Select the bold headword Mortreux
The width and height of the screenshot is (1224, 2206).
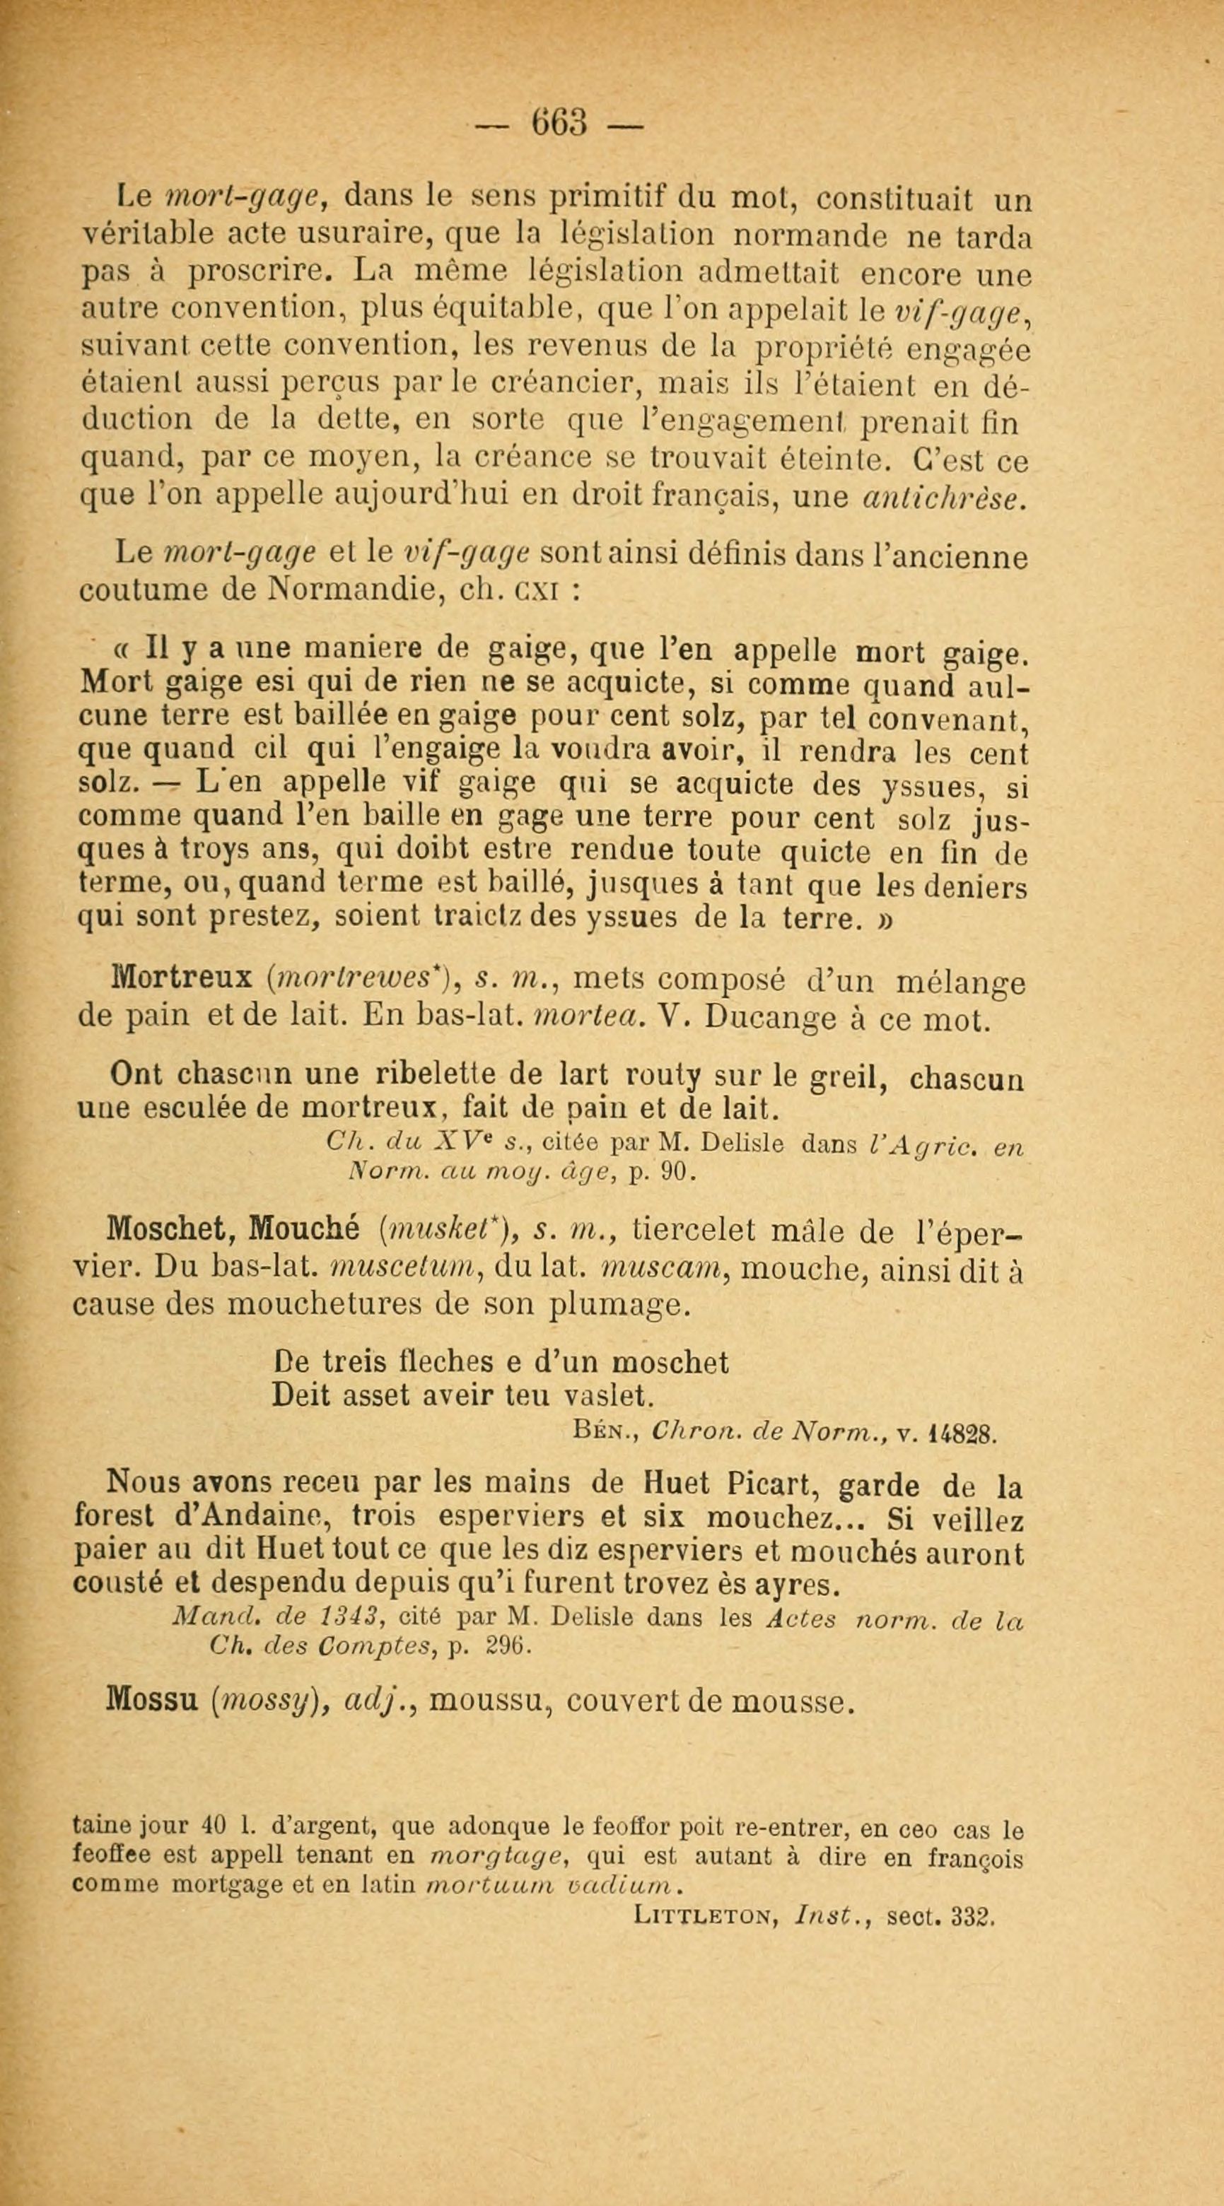tap(182, 978)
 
